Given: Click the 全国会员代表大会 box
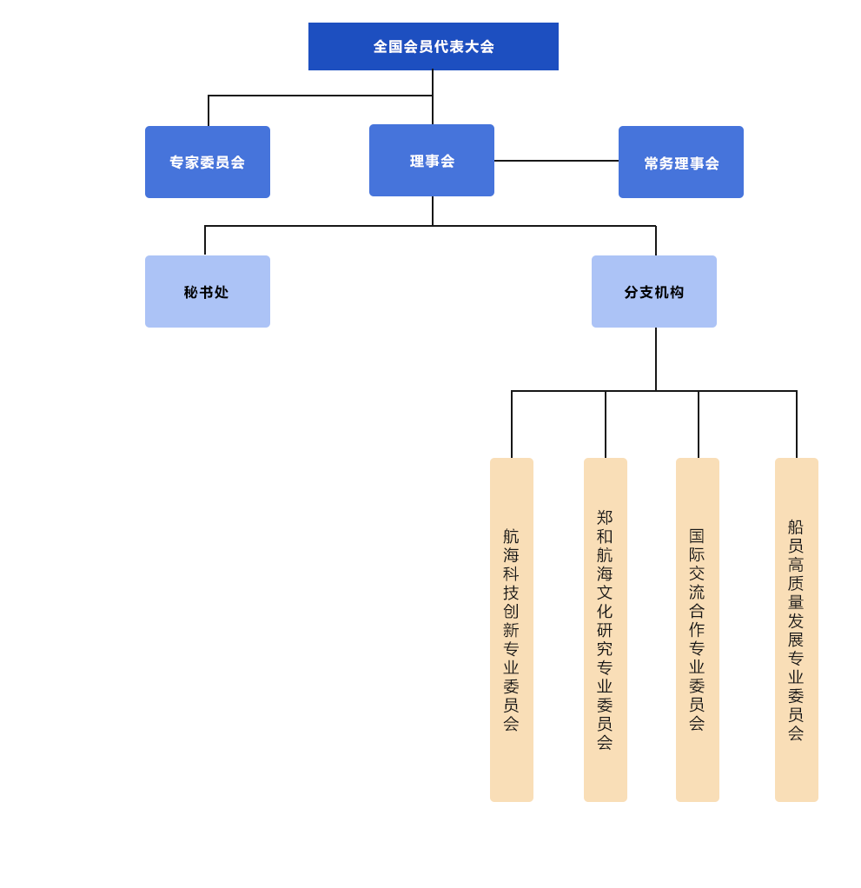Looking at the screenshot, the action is (434, 46).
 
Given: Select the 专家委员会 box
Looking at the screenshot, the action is (208, 162).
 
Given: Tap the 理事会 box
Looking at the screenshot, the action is (432, 160).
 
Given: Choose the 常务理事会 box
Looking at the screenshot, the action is (681, 162).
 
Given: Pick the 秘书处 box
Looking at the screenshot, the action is (208, 292).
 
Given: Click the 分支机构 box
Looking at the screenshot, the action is (654, 292).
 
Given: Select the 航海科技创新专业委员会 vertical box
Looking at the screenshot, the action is (512, 630).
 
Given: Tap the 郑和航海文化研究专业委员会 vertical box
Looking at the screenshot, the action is (606, 630).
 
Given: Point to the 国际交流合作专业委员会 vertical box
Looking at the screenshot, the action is (698, 630).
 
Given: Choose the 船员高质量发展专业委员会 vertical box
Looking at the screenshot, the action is (797, 630).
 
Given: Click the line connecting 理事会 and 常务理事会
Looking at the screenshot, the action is (556, 161).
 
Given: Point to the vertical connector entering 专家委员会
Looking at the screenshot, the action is (209, 111).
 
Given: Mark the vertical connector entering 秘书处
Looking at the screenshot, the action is (205, 241).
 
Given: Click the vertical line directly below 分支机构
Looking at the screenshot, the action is (656, 359).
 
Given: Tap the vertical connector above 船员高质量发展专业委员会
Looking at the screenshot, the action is (797, 424).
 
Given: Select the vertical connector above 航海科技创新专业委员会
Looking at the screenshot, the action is (512, 424).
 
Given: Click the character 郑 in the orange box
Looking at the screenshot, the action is (605, 517).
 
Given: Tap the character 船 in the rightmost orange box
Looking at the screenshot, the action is (796, 527).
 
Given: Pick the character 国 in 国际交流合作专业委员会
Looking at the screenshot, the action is (697, 536).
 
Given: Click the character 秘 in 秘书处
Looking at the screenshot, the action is (191, 292).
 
